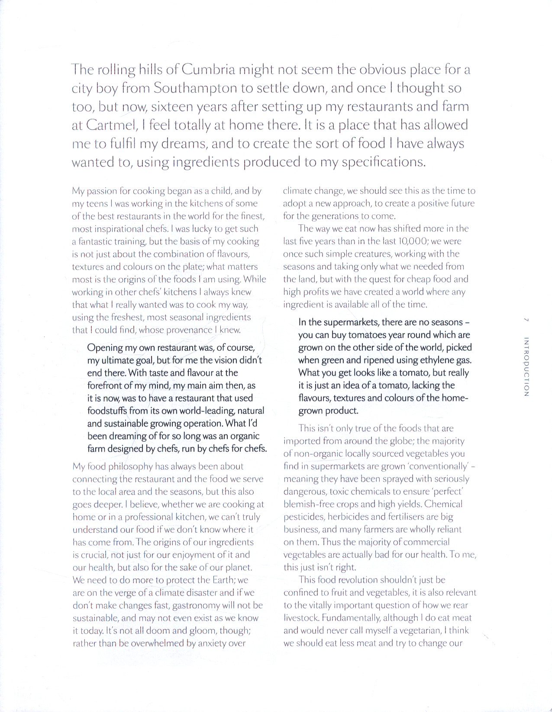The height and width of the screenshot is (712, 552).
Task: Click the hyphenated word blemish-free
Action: (x=309, y=505)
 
